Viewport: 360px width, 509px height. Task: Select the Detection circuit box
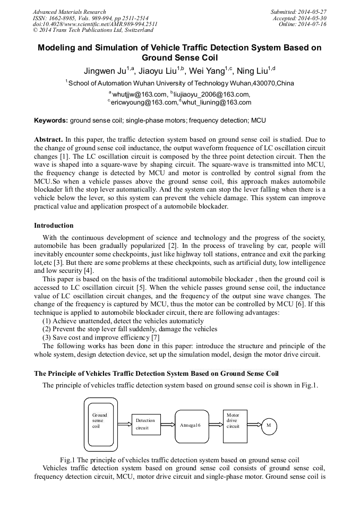(145, 424)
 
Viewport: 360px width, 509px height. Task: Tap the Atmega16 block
(191, 425)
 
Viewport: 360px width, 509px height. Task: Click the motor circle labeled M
(269, 425)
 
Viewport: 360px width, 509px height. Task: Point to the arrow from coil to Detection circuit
(124, 425)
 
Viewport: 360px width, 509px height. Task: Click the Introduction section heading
(54, 226)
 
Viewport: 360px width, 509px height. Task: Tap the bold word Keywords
(51, 120)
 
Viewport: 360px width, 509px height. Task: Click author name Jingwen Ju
(104, 71)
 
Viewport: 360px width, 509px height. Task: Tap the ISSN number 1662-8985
(63, 18)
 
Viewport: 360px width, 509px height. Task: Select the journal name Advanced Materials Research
(69, 12)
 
